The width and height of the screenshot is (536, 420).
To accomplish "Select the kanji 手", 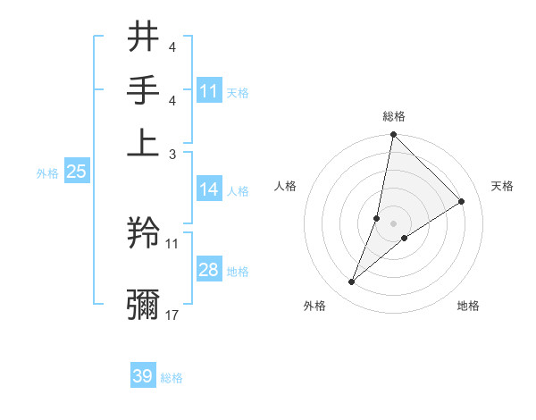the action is point(143,90).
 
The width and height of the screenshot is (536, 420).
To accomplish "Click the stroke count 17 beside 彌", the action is point(172,315).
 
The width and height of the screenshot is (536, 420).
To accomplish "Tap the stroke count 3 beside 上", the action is point(173,154).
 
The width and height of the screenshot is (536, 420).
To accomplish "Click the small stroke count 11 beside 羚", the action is point(172,242).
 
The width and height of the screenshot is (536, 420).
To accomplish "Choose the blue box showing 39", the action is point(143,376).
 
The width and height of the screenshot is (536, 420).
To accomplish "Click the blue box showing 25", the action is point(76,172).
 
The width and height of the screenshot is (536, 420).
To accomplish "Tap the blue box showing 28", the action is point(208,270).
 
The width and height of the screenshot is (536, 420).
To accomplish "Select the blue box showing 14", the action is point(208,189).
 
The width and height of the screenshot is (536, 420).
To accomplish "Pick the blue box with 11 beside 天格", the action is point(208,91).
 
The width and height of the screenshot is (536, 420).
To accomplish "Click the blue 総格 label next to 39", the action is point(172,378).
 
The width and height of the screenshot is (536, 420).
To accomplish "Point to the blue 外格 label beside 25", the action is point(47,173).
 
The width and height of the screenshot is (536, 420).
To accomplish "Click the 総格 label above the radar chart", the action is point(394,116).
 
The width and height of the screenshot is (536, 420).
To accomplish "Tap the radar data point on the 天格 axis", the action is point(462,201).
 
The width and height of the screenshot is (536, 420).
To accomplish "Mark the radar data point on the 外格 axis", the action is point(352,282).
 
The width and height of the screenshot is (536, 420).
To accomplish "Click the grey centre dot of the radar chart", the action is point(394,223).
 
